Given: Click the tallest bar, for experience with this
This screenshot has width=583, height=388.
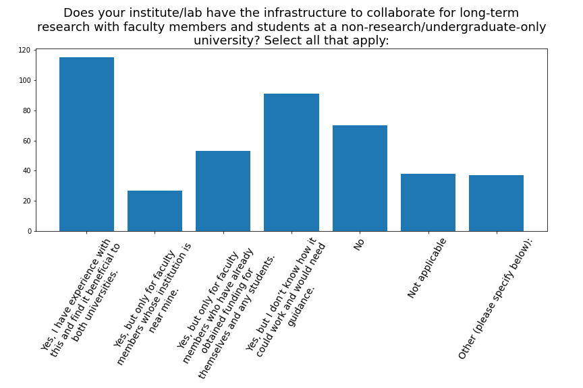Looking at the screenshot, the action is [x=86, y=144].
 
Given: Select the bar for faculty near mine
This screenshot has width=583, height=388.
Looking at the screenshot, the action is [x=155, y=211].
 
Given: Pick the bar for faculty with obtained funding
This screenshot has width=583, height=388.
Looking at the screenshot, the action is [x=223, y=191].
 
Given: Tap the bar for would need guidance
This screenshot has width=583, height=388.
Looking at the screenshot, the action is [x=291, y=162].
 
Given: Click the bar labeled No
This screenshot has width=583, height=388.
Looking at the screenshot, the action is [x=360, y=179].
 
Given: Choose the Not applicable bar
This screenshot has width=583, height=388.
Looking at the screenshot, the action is [x=428, y=202].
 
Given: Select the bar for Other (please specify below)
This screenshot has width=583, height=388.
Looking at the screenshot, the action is [x=497, y=203].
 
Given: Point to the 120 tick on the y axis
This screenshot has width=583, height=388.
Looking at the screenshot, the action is [x=24, y=50].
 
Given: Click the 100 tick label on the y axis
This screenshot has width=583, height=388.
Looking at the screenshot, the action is [x=24, y=80].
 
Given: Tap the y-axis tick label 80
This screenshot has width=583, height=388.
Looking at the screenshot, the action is [x=26, y=110].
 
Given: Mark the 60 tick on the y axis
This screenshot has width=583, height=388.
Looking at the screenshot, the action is [x=26, y=141].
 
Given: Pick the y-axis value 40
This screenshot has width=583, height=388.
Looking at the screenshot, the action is [x=26, y=171].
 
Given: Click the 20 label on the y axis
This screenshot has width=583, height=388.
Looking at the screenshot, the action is [x=26, y=201].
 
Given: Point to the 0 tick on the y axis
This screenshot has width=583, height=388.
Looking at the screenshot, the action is [x=29, y=231].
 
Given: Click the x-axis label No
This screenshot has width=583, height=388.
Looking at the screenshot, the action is [x=358, y=245].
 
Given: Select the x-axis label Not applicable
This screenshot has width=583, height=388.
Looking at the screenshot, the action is [x=426, y=268].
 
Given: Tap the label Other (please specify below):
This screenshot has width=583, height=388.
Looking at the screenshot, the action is [x=495, y=299].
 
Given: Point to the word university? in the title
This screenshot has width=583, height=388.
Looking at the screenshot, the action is [x=227, y=40].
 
